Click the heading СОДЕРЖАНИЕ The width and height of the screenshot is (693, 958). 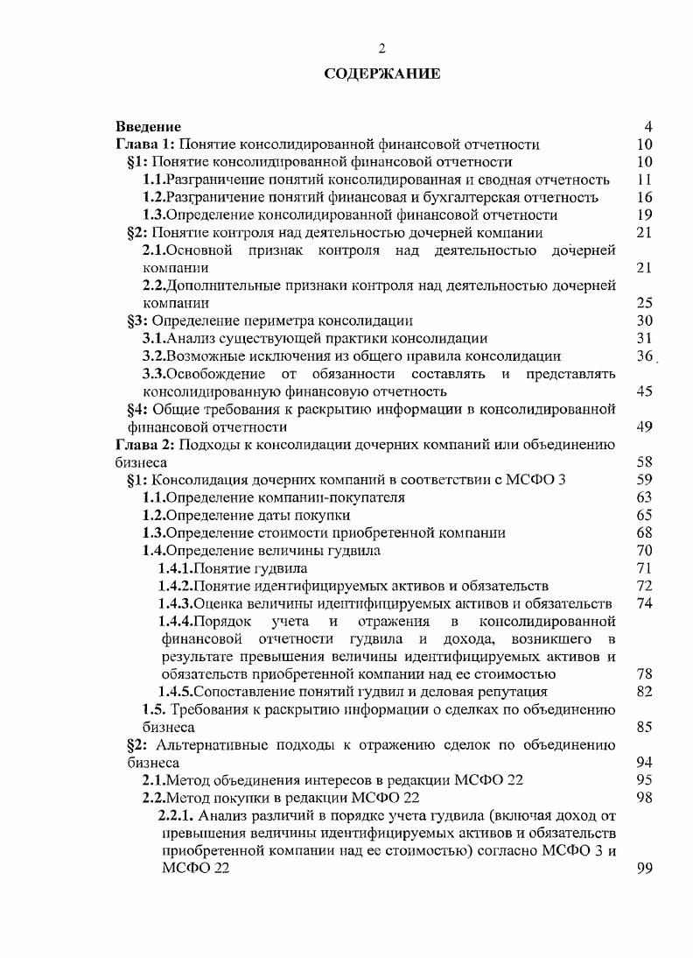[381, 74]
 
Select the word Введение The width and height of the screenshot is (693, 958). [149, 127]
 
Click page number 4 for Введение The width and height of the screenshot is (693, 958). [647, 127]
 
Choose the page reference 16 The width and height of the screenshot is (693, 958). [645, 197]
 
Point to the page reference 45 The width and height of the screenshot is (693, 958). [645, 391]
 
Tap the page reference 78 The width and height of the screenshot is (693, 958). [645, 674]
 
